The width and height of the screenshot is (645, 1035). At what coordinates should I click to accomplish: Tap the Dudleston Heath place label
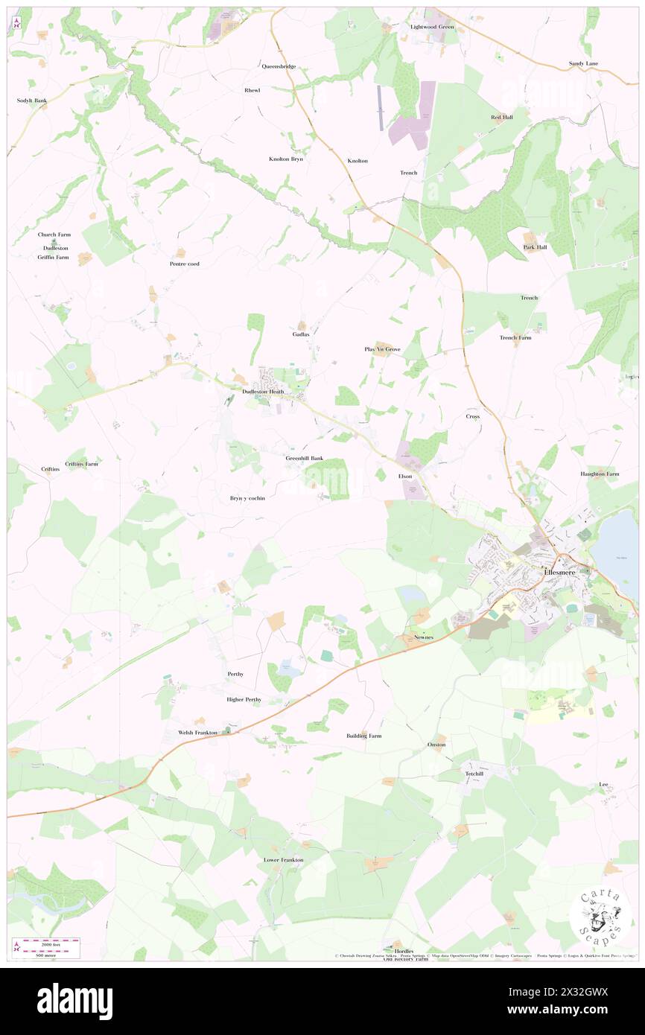click(263, 392)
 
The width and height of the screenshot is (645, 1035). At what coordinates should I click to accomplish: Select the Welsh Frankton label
click(197, 733)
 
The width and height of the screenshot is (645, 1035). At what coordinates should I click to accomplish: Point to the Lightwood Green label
click(432, 27)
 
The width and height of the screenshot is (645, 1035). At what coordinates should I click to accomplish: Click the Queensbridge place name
click(279, 66)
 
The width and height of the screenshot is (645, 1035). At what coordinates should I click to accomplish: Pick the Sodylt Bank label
click(32, 100)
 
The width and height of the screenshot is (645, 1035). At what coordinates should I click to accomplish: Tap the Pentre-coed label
click(184, 264)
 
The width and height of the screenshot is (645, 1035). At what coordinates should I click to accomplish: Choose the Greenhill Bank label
click(305, 458)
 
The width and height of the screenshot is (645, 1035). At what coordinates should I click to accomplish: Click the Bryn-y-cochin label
click(243, 497)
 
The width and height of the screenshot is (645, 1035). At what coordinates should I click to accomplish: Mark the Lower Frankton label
click(284, 859)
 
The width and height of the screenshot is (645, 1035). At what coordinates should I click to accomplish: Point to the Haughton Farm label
click(600, 474)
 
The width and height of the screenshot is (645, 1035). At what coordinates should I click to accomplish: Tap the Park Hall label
click(535, 247)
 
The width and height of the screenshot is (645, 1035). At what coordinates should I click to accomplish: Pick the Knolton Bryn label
click(286, 159)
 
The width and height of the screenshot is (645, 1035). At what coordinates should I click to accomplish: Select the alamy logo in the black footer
click(74, 1000)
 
